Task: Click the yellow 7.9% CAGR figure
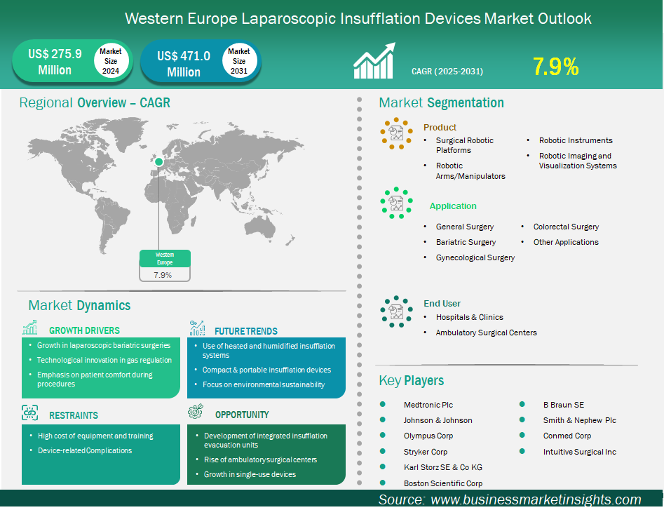click(555, 67)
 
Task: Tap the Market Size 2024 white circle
click(111, 61)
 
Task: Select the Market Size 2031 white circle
click(239, 61)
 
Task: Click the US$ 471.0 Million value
click(184, 64)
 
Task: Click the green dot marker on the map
click(158, 162)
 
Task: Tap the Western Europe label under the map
click(165, 258)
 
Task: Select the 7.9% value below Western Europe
click(163, 275)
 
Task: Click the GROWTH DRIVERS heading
click(84, 330)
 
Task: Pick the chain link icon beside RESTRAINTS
click(29, 412)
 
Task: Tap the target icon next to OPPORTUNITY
click(196, 411)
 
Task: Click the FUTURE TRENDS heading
click(246, 331)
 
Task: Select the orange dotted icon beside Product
click(396, 133)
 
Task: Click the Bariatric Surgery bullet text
click(466, 242)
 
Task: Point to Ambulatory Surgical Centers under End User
click(486, 333)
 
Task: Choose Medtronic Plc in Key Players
click(428, 405)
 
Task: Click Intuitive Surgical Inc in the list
click(580, 452)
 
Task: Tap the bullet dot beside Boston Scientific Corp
click(383, 483)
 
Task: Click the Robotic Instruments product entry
click(576, 140)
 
